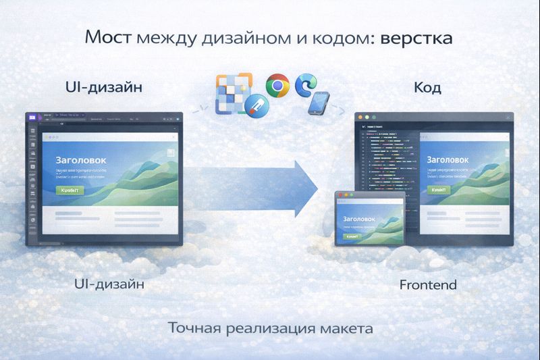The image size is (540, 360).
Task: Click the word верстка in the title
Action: (416, 38)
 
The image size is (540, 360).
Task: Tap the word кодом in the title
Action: (337, 38)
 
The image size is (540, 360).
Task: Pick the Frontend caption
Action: (428, 284)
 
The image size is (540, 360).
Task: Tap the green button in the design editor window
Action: (70, 190)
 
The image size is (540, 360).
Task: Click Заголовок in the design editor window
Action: (81, 161)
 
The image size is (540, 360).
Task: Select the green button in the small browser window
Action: (352, 237)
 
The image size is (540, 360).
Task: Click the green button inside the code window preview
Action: (437, 190)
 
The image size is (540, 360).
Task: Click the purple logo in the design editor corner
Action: (32, 117)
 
